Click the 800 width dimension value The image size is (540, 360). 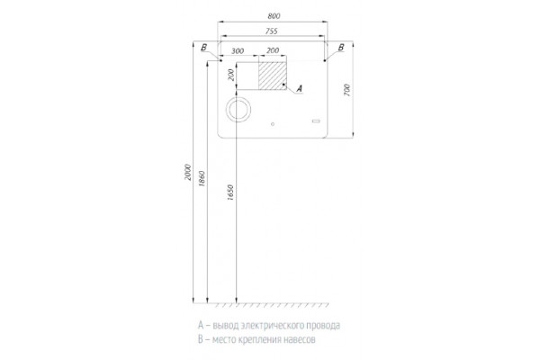point(274,16)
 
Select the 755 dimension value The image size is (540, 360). point(272,31)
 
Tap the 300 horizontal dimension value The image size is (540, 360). point(238,51)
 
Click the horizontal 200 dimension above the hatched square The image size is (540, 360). point(273,50)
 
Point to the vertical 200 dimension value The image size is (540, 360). point(231,75)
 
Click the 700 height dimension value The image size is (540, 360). point(346,90)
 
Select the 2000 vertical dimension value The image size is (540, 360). point(188,172)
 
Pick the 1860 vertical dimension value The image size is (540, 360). point(202,178)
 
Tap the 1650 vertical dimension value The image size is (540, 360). point(230,193)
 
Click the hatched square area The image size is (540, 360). point(273,76)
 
